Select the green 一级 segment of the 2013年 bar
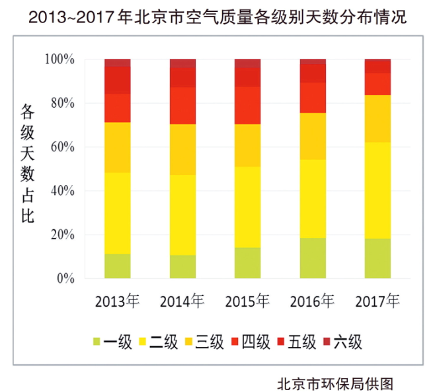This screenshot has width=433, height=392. (118, 266)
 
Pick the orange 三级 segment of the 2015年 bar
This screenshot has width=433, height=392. (248, 145)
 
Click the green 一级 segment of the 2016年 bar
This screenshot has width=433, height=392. (313, 258)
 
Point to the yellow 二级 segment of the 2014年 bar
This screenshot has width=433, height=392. (182, 215)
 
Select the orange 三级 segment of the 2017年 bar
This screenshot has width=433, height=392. (378, 119)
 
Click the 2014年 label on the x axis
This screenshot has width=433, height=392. (182, 301)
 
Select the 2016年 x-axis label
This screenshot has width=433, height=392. (313, 301)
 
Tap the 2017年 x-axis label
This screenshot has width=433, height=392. (378, 301)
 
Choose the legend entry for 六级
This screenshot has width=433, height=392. (342, 342)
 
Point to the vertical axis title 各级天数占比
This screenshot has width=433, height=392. (26, 162)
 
